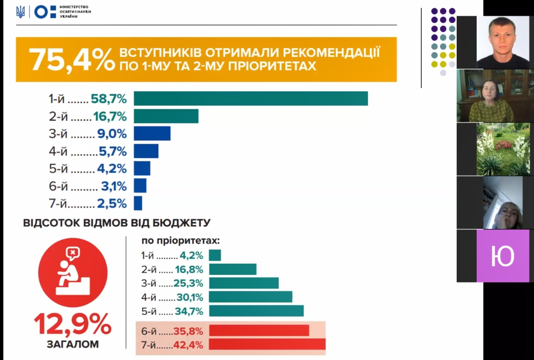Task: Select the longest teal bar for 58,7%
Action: [x=251, y=98]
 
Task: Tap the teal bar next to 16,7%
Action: [x=166, y=116]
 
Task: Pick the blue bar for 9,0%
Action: [x=152, y=133]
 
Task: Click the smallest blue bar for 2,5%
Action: [x=138, y=203]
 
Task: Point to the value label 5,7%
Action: [x=113, y=151]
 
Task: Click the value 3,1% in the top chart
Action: [x=114, y=186]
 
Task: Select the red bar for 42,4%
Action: [x=267, y=344]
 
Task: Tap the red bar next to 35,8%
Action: [x=259, y=331]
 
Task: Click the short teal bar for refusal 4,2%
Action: [x=215, y=256]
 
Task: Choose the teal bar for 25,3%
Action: [x=244, y=283]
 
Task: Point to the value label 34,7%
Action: [x=189, y=311]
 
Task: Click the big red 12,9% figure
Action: [x=73, y=324]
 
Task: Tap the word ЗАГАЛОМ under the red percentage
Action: [x=73, y=344]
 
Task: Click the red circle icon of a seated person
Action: [x=73, y=272]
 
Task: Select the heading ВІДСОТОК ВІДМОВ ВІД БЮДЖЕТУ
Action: [x=117, y=223]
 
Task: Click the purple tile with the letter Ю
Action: [x=503, y=256]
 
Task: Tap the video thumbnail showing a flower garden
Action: [x=503, y=149]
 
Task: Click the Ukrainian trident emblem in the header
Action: [x=21, y=12]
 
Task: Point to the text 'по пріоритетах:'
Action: [x=181, y=241]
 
